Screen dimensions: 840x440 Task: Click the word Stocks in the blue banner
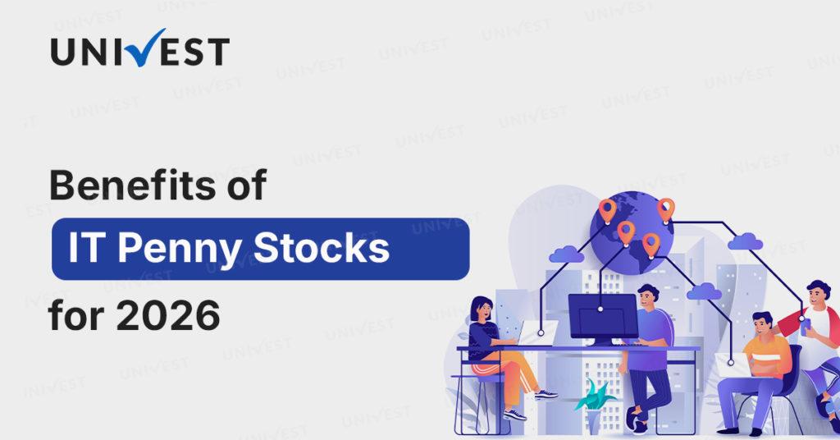point(321,248)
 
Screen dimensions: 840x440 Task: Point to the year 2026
point(167,316)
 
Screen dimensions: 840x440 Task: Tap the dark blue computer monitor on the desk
point(603,318)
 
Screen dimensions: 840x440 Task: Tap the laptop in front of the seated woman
point(536,333)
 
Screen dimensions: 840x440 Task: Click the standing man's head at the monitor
point(648,297)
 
